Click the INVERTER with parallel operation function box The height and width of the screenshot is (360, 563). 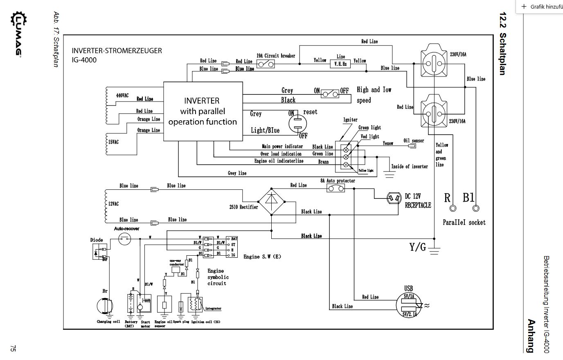[203, 111]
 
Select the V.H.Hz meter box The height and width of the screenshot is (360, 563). [340, 64]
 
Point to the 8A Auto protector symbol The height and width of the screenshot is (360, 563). [336, 188]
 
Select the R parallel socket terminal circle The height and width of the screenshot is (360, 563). [453, 209]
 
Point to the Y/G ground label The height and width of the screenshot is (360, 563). [417, 247]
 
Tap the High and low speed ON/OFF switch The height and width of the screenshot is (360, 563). [330, 93]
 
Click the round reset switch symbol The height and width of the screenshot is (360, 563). [297, 123]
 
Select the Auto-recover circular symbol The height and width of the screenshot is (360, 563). [124, 239]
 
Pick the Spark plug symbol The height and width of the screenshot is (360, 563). [181, 306]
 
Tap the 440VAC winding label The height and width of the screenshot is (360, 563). [122, 95]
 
